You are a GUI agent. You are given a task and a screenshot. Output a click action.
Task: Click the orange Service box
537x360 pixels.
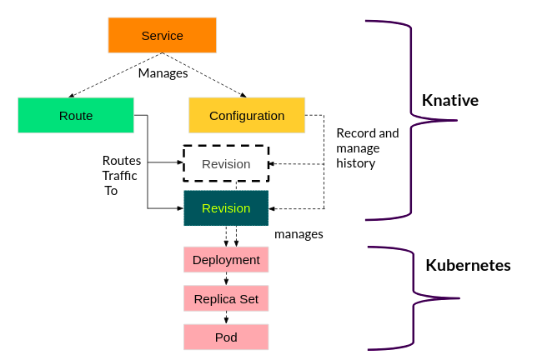tap(162, 36)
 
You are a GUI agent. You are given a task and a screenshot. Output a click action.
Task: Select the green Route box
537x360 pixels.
tap(76, 115)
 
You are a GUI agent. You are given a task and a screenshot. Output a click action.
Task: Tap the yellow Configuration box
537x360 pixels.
tap(246, 115)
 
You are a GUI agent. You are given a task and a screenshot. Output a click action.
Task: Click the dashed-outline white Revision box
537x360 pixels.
tap(226, 163)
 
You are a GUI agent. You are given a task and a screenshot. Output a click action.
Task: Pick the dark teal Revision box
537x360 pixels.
tap(226, 207)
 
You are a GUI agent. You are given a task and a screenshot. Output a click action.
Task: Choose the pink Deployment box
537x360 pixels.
tap(226, 260)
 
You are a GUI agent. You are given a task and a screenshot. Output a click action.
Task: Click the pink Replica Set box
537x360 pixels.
tap(226, 298)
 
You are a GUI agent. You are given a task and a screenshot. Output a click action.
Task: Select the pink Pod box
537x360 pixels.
tap(226, 337)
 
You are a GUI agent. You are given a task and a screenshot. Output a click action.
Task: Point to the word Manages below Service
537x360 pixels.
tap(163, 72)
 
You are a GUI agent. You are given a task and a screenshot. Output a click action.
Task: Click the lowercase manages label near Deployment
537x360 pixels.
tap(299, 234)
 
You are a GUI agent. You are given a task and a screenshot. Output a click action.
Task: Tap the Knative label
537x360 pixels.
tap(450, 100)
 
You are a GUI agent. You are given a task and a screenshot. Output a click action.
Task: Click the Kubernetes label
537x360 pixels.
tap(468, 266)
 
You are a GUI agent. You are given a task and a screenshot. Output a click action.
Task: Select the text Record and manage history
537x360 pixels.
tap(367, 147)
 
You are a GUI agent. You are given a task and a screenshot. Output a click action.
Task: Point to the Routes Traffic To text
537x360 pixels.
tap(121, 175)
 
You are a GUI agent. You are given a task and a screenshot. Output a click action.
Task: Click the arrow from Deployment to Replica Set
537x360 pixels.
tap(226, 279)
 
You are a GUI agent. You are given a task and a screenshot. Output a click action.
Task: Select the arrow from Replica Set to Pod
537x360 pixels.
tap(226, 317)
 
